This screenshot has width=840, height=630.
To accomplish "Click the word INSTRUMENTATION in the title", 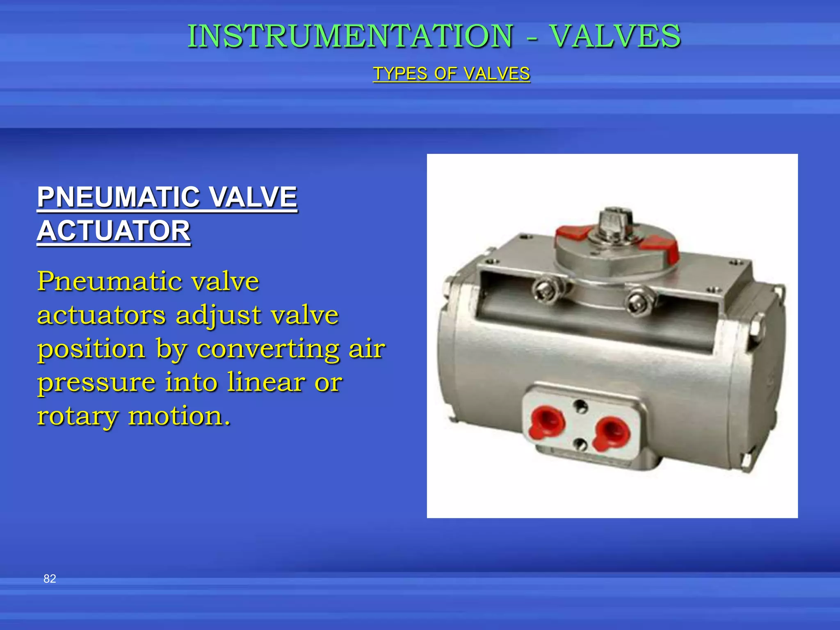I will tap(350, 36).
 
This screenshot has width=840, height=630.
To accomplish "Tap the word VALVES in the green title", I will tap(615, 36).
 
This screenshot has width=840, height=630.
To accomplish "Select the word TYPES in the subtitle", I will tap(400, 74).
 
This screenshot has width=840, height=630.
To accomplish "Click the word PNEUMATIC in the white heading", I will tap(118, 197).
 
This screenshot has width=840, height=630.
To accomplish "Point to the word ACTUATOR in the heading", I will tap(114, 231).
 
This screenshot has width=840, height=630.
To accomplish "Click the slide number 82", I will tap(50, 579).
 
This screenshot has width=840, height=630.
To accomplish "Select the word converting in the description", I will tap(268, 349).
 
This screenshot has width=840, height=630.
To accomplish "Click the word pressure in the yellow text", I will tap(96, 383).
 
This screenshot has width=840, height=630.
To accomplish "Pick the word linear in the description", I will tap(266, 382).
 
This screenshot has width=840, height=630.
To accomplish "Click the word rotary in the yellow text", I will tap(77, 416).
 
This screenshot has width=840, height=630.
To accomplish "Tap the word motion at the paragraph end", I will tap(179, 416).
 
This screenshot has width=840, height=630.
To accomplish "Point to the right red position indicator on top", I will tap(660, 249).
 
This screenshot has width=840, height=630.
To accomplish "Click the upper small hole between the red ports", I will tap(580, 406).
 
